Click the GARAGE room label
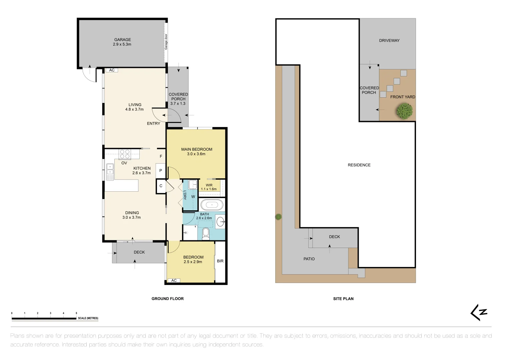(122, 40)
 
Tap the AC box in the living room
(112, 70)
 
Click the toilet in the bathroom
(206, 233)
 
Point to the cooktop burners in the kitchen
(125, 154)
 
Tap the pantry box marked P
(161, 171)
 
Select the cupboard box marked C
(161, 186)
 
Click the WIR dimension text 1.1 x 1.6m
(209, 189)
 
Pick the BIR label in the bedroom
(220, 261)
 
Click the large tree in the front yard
(404, 111)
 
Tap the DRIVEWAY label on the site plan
(389, 40)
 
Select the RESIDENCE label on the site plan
(359, 165)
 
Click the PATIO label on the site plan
(309, 259)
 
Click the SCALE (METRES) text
(88, 318)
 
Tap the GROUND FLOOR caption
(167, 299)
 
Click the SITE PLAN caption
(343, 299)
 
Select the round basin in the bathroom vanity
(220, 221)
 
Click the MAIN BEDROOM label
(197, 149)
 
